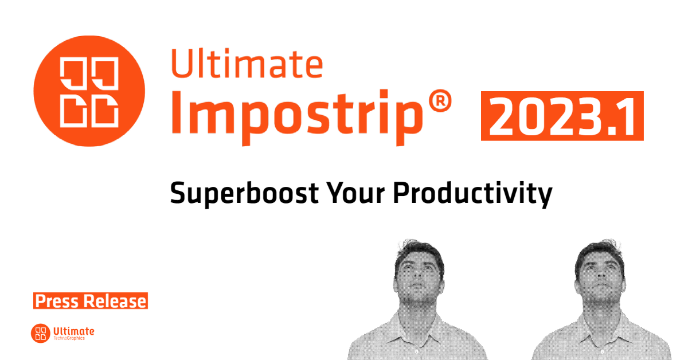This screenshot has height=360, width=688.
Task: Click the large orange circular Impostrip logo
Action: [89, 91]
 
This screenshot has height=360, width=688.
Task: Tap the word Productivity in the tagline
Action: [472, 194]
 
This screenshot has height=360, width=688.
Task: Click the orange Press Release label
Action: [91, 301]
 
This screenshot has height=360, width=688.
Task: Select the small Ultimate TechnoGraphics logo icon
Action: [40, 334]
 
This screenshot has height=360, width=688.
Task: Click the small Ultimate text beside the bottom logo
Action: [73, 331]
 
